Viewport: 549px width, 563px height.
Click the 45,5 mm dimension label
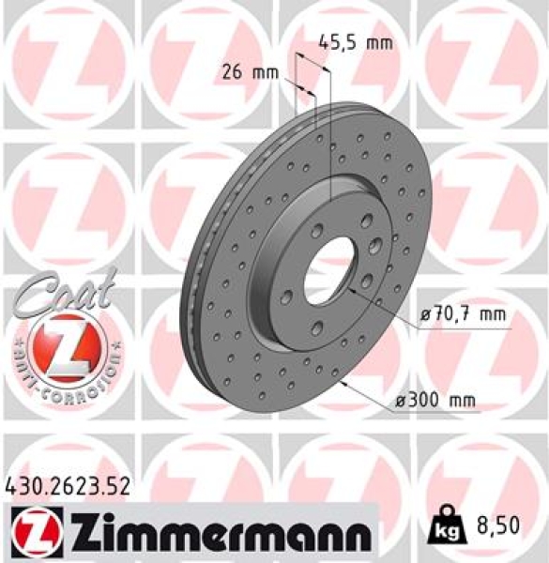[x=355, y=42]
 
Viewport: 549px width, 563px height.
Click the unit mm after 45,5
[x=378, y=42]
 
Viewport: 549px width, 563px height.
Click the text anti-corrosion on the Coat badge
[x=65, y=375]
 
